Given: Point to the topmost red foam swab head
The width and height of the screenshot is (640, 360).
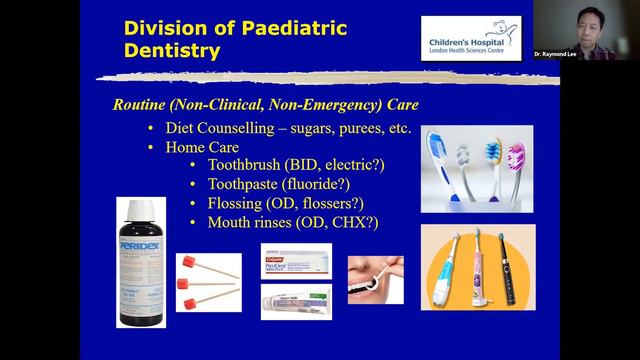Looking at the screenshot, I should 186,262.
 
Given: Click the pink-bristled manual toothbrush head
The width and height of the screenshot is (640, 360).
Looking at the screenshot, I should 517,156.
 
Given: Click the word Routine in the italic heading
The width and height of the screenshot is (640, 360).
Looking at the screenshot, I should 143,105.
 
